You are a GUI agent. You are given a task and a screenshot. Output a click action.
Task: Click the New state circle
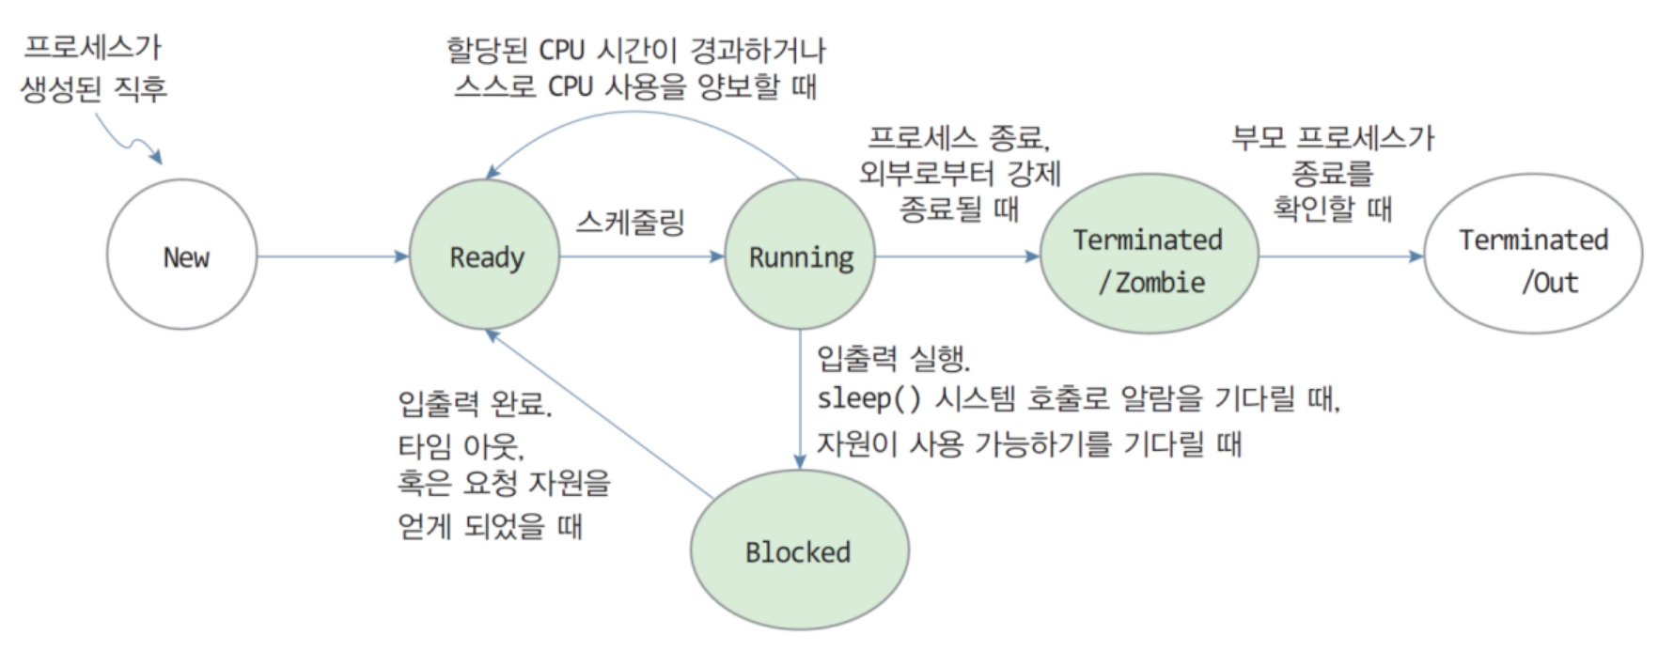(x=181, y=255)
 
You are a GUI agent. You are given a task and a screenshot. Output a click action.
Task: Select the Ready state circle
(x=485, y=255)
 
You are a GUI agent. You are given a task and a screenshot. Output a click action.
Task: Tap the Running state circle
(x=800, y=255)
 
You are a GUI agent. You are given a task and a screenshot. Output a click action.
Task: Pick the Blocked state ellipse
(x=799, y=550)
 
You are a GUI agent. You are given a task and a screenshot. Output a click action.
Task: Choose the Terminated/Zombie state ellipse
(x=1149, y=255)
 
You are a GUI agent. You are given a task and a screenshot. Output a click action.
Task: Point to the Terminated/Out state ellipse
(x=1533, y=255)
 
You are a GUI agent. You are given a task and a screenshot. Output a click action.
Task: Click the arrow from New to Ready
(x=332, y=256)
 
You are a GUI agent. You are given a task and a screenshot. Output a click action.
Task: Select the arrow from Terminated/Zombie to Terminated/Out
(x=1340, y=256)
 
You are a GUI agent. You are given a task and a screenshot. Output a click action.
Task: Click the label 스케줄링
(x=631, y=223)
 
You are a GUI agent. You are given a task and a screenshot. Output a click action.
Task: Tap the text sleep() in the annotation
(x=868, y=399)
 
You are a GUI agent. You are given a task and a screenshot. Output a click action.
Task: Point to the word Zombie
(x=1160, y=282)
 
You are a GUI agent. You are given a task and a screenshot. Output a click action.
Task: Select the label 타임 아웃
(x=461, y=445)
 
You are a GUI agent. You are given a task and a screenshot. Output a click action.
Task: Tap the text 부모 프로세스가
(x=1333, y=139)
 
